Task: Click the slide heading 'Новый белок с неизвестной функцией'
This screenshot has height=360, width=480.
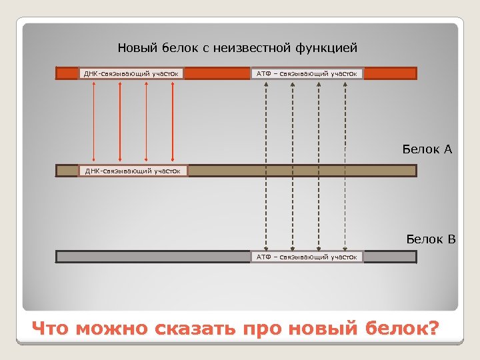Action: pos(237,48)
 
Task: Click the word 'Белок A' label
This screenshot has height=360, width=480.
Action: pos(427,149)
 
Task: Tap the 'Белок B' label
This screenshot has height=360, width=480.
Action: pos(431,239)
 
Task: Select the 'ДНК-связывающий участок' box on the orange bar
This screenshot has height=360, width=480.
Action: pos(132,73)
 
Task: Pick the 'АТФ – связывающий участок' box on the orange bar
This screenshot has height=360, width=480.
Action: pos(307,73)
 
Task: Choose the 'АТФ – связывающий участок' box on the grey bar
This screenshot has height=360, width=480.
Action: pos(307,257)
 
